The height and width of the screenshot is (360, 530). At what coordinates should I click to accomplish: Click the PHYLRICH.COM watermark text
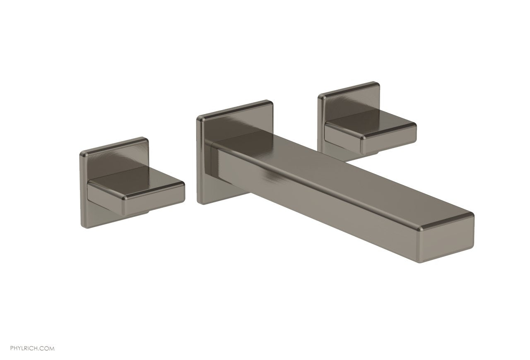(x=27, y=349)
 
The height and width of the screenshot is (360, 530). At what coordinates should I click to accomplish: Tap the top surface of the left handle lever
(x=137, y=175)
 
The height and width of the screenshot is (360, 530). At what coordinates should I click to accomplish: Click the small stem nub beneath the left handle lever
(x=143, y=213)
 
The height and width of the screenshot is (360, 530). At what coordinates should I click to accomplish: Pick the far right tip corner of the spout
(x=473, y=215)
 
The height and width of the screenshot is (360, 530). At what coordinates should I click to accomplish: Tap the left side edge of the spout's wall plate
(x=198, y=161)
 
